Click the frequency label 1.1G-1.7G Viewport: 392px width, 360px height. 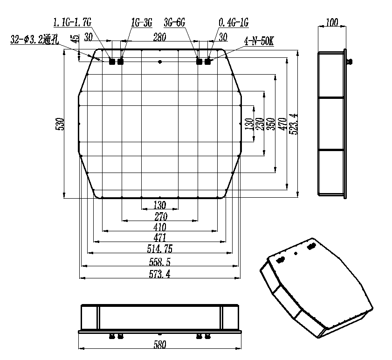[72, 22]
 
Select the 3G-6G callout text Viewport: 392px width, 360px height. [174, 22]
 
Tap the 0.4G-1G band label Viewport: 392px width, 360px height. [234, 22]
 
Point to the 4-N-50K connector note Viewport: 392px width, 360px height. [259, 42]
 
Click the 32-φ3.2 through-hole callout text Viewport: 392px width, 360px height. [35, 40]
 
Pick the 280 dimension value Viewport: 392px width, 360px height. [159, 37]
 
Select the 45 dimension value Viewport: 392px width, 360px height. [75, 38]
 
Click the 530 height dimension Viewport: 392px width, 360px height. [60, 124]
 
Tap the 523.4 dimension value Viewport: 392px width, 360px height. [293, 124]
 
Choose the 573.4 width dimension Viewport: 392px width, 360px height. [159, 274]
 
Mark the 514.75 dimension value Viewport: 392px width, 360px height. [159, 249]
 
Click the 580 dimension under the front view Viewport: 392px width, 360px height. [160, 345]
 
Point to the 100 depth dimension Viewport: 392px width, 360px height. [332, 22]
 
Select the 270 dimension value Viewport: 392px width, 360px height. [161, 216]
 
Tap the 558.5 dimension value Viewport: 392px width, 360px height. [159, 262]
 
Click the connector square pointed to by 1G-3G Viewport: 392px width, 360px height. [121, 61]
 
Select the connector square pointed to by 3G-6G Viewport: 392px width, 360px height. [199, 61]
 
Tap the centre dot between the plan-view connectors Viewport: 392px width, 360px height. [160, 62]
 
